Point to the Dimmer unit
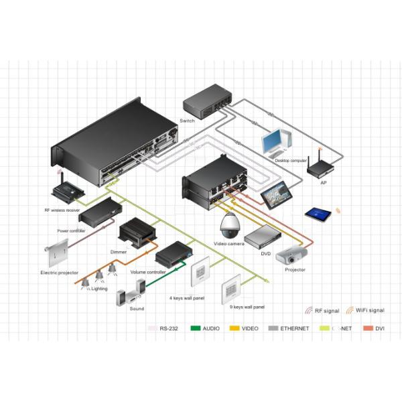click(x=137, y=234)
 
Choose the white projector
click(x=293, y=255)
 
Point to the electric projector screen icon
click(x=57, y=255)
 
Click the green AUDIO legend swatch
click(x=196, y=328)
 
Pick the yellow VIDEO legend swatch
click(x=234, y=328)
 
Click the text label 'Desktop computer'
click(x=291, y=161)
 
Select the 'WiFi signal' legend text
click(x=370, y=311)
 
